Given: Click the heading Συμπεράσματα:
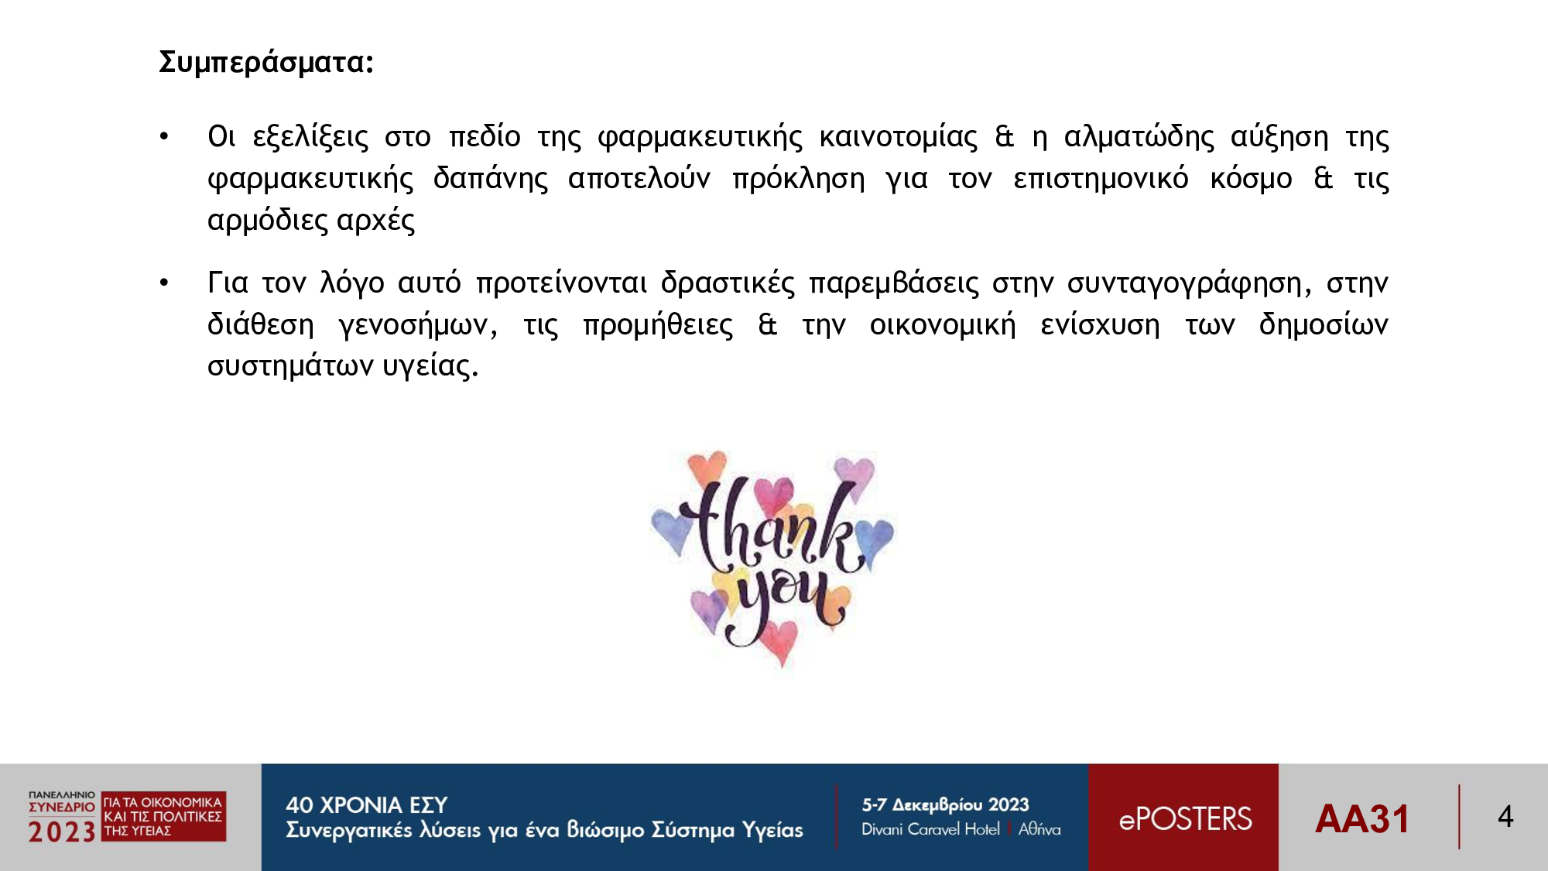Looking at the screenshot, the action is (x=266, y=63).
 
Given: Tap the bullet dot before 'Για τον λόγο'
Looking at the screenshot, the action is (x=164, y=283).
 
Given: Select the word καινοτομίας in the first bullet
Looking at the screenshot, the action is (x=898, y=137).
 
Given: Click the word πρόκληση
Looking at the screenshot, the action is (x=799, y=179).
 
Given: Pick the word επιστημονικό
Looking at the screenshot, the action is (x=1101, y=179).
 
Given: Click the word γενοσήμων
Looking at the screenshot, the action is (x=418, y=325).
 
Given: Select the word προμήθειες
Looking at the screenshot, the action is (x=658, y=325).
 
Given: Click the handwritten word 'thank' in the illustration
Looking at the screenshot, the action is (x=774, y=526).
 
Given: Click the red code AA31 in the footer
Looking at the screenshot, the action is (x=1362, y=819).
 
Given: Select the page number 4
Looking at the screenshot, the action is (x=1505, y=817).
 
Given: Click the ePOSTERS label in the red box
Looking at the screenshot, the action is (x=1185, y=819).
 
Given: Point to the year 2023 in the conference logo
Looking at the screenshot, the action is (x=62, y=832).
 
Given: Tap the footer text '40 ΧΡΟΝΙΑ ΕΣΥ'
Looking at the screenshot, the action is (x=367, y=805).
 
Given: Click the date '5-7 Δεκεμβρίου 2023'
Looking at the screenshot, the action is (x=946, y=805).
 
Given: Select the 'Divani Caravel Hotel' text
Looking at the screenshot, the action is (x=930, y=829).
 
